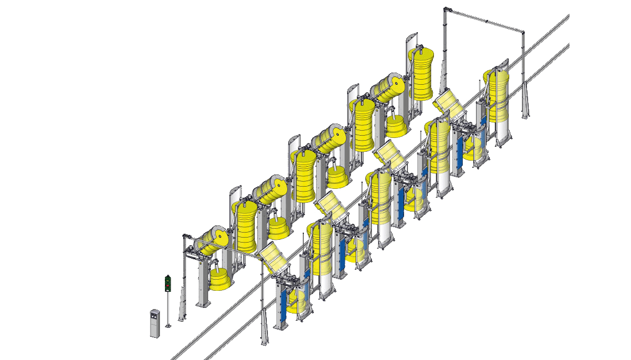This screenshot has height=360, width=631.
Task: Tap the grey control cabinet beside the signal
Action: (x=154, y=323)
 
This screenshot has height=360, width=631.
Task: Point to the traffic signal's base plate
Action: (x=168, y=326)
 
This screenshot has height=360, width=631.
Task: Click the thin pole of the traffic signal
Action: (x=168, y=307)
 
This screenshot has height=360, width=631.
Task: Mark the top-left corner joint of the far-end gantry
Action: (x=447, y=9)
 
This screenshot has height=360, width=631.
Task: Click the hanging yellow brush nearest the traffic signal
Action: (x=220, y=279)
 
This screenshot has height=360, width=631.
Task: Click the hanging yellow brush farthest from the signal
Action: (x=396, y=127)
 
